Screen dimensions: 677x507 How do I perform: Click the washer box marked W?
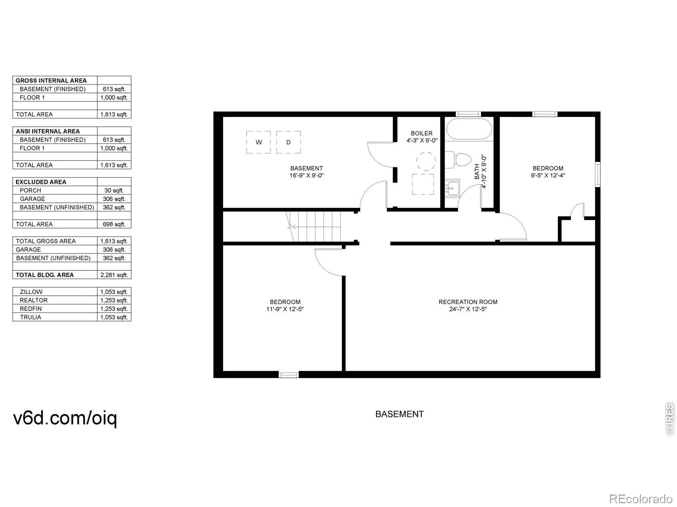coord(259,142)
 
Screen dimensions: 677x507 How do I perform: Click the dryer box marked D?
coord(289,142)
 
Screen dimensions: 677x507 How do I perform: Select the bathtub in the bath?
coord(469,129)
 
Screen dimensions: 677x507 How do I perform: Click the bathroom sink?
coord(452,188)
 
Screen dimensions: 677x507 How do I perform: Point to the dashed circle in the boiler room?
coord(426,161)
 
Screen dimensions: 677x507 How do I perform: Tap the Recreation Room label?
coord(468,302)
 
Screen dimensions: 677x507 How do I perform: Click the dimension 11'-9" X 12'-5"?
coord(285,309)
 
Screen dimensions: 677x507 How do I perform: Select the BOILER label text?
coord(421,133)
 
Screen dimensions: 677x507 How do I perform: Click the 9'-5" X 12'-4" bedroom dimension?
coord(548,175)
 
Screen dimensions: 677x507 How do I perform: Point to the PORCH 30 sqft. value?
coord(114,191)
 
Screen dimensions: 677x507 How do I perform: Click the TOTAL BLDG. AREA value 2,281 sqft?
coord(114,275)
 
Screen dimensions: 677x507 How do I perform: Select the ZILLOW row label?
coord(31,292)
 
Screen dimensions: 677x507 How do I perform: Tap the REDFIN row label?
coord(30,309)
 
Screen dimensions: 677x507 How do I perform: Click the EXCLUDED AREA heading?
coord(41,182)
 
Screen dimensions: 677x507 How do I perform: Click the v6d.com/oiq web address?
coord(65,418)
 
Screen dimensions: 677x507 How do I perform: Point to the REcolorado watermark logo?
coord(641,499)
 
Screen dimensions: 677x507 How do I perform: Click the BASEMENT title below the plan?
coord(399,414)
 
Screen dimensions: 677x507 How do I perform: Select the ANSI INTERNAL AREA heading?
coord(47,131)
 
